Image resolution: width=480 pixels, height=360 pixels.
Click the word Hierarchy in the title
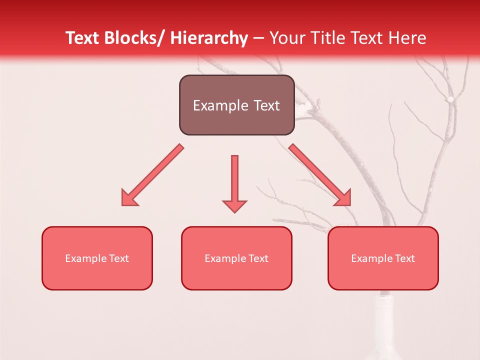[209, 38]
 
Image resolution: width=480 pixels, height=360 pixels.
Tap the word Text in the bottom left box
[118, 258]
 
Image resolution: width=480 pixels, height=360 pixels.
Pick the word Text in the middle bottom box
[257, 258]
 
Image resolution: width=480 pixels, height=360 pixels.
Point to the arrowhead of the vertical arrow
[234, 205]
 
